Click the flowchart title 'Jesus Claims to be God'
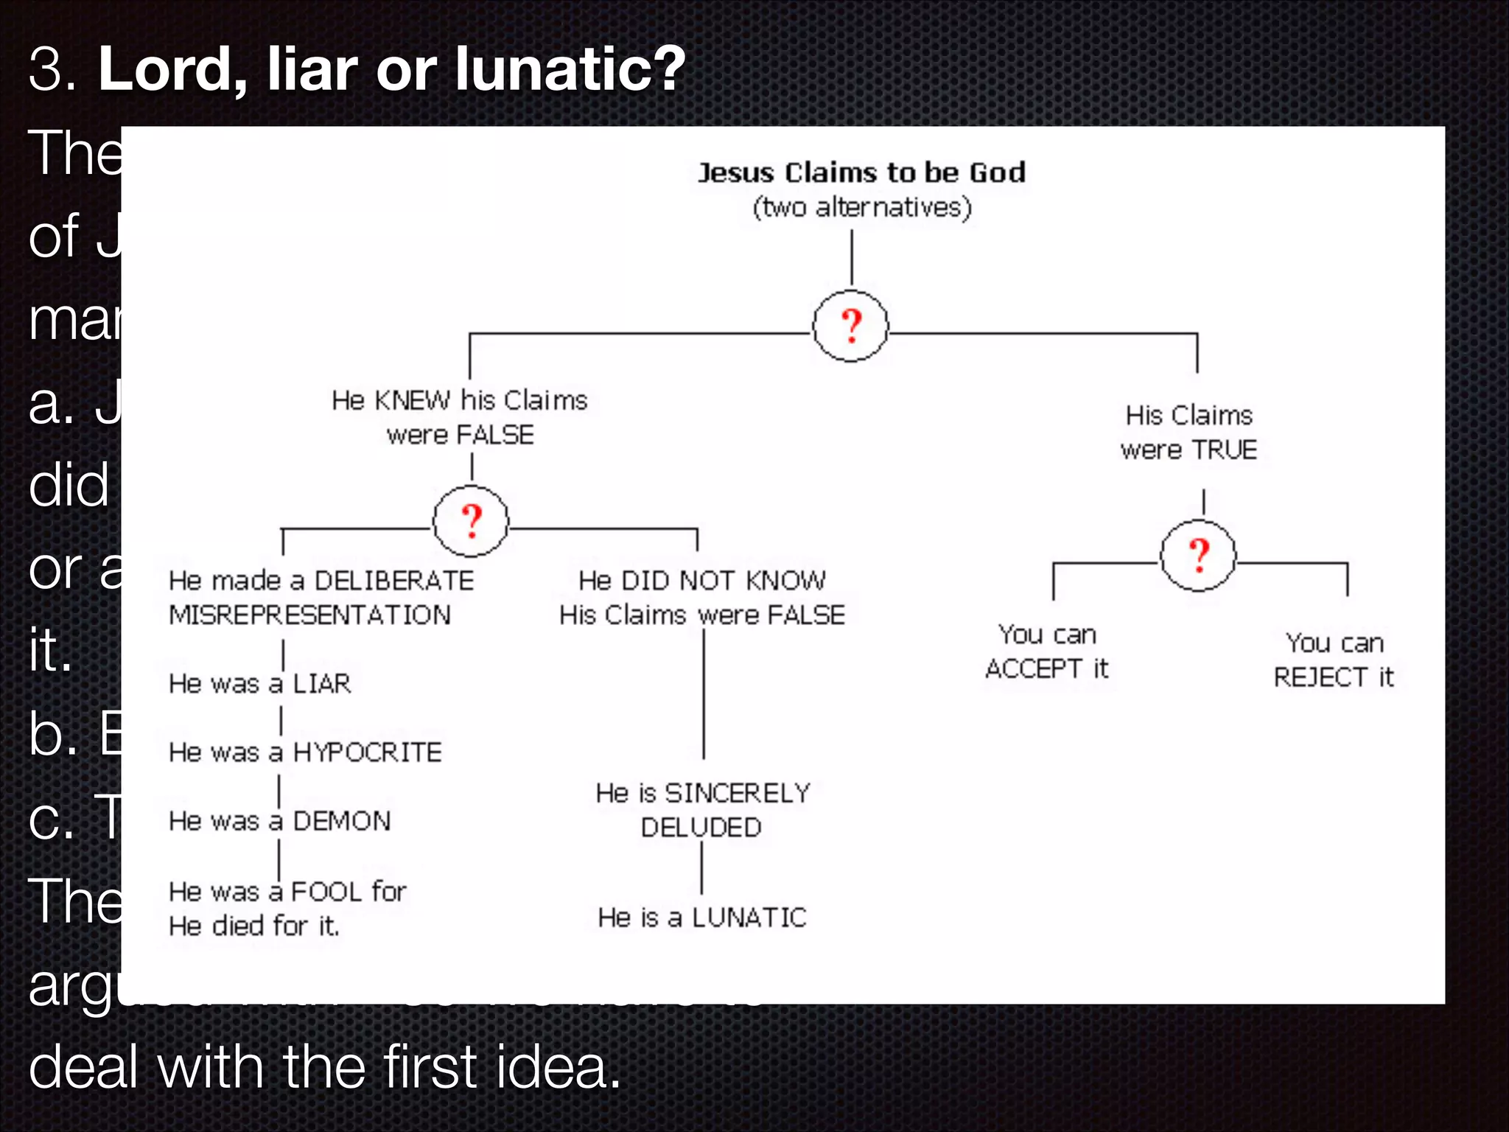861,172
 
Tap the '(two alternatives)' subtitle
861,208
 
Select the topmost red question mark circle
851,326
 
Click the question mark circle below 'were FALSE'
471,521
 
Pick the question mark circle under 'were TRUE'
1198,556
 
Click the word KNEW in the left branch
413,400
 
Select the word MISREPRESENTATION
309,615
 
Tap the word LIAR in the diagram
321,684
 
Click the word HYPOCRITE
367,752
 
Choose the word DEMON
342,821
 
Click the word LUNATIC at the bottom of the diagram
749,918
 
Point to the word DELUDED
701,828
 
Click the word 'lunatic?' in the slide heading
570,69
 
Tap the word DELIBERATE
393,581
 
